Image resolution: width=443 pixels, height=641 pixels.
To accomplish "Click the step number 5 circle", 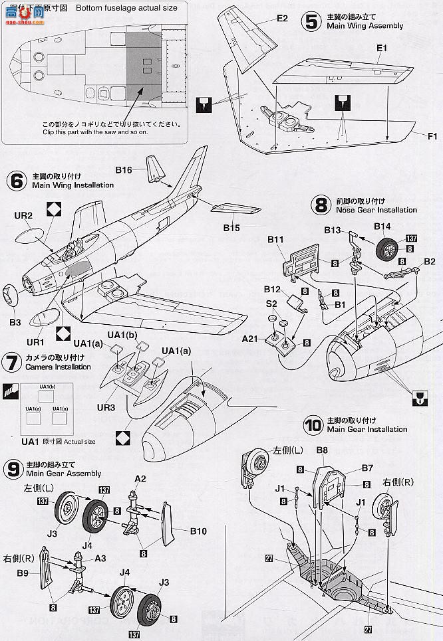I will (310, 21).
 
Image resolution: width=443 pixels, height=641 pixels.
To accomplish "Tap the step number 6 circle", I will (17, 181).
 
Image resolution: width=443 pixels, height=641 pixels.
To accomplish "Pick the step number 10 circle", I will (313, 424).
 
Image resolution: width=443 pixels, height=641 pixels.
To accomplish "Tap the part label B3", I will (15, 323).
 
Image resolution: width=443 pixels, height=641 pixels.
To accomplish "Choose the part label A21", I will (249, 339).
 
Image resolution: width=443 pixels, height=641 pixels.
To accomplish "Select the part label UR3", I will (106, 407).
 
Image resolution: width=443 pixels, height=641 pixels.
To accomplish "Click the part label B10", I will (199, 531).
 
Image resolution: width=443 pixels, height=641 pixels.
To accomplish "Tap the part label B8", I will (323, 450).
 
